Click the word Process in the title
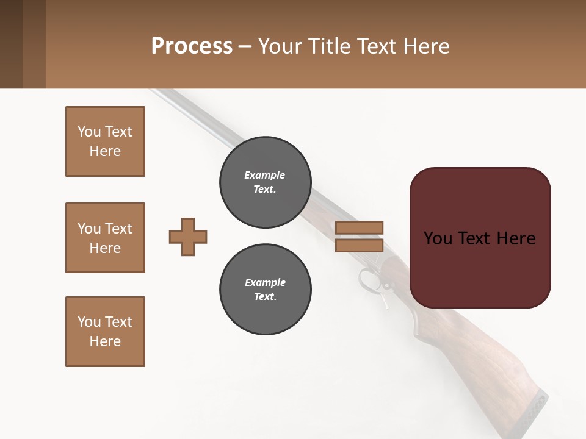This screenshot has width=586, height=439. point(192,46)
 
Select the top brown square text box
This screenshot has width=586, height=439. point(105,141)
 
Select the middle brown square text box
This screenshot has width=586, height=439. point(105,238)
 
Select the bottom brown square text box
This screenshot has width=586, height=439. point(105,332)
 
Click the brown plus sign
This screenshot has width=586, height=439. point(188,237)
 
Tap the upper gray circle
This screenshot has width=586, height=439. point(265,182)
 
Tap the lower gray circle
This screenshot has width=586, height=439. point(265,290)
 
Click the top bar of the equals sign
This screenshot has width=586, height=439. point(359,227)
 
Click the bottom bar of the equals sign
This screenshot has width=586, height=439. point(359,245)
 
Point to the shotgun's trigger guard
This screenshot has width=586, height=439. point(369,281)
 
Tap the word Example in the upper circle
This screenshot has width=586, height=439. point(265,175)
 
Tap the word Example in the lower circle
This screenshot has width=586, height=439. point(265,282)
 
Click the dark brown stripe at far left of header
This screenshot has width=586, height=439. point(11,44)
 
